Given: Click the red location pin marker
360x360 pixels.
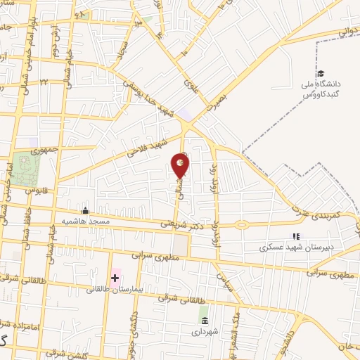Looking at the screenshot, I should [181, 166].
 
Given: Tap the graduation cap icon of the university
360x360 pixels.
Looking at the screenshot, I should [321, 74].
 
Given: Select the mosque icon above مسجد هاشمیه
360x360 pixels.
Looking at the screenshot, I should [86, 210].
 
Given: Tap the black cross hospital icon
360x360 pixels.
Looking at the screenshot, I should [115, 278].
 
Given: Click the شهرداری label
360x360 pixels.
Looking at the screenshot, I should [205, 330].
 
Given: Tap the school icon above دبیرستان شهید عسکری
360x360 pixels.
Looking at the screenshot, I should [296, 237].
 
